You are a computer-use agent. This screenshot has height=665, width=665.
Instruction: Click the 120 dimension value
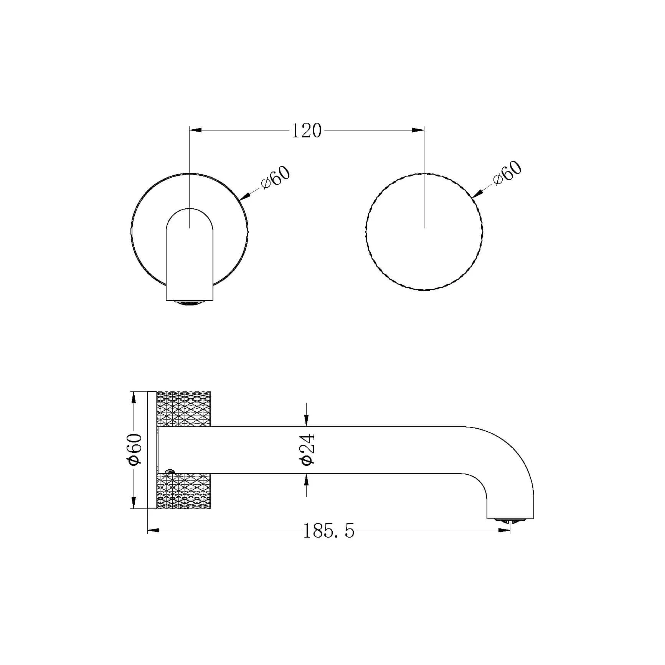(x=306, y=130)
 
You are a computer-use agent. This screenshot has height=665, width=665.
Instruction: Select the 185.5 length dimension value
(x=329, y=531)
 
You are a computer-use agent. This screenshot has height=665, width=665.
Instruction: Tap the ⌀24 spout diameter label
(x=308, y=450)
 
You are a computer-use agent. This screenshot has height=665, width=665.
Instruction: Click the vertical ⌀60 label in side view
(x=135, y=450)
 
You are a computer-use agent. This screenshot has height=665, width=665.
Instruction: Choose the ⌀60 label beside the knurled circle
(x=507, y=173)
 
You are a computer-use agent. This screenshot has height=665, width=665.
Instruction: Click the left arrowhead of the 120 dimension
(x=195, y=130)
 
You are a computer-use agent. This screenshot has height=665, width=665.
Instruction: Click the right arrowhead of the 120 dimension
(x=418, y=130)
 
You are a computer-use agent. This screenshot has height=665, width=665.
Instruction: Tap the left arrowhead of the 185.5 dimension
(x=153, y=530)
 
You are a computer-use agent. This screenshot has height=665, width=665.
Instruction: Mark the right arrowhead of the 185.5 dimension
(x=504, y=530)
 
